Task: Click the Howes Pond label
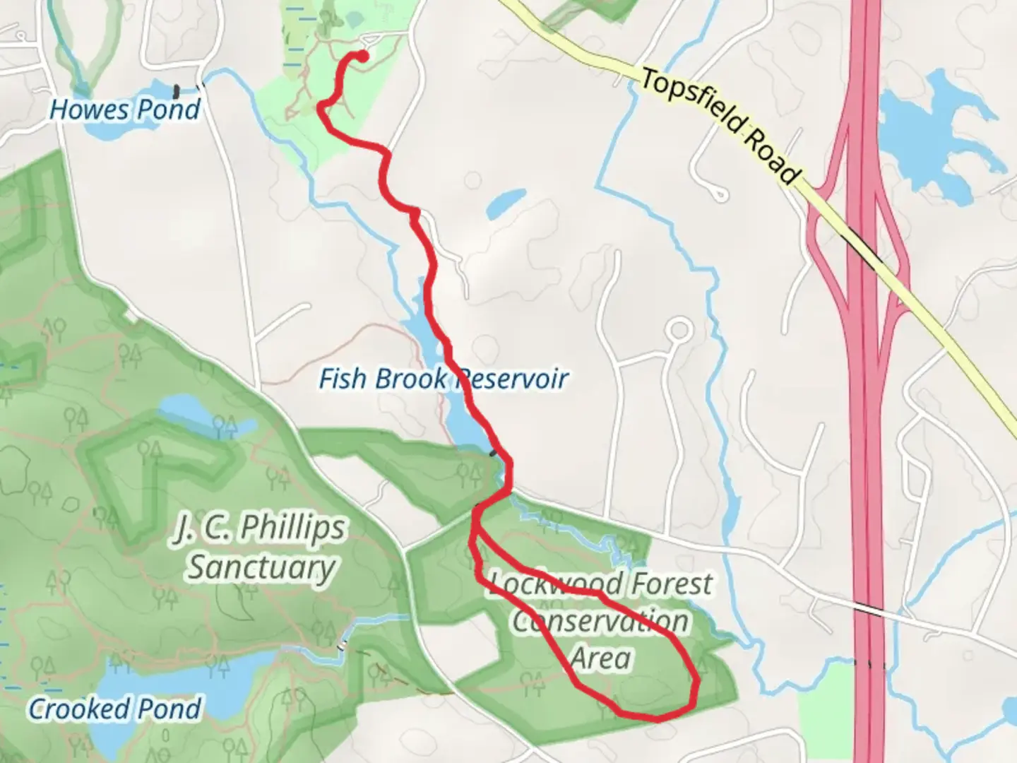click(x=125, y=110)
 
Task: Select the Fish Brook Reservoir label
click(x=443, y=379)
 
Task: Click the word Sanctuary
click(x=261, y=567)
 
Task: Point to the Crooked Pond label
click(x=114, y=709)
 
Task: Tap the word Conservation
click(x=600, y=622)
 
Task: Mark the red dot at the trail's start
click(x=364, y=56)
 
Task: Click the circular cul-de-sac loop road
click(x=679, y=329)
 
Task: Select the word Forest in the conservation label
click(x=671, y=584)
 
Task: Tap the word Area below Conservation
click(x=600, y=658)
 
